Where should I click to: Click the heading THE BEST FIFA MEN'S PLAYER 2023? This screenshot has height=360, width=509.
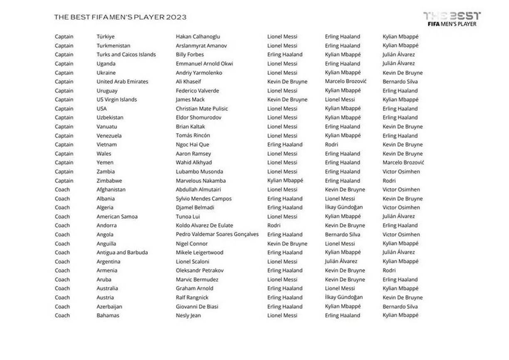[x=120, y=17]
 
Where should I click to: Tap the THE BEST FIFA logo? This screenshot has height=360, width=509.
[x=452, y=19]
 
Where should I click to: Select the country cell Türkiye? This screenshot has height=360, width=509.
[x=106, y=37]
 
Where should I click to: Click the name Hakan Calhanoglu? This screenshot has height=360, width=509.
[x=198, y=37]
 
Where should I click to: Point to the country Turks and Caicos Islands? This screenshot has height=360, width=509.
[x=126, y=55]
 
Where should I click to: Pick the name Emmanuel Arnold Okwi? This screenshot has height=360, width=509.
[x=204, y=64]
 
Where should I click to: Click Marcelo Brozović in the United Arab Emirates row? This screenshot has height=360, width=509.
[x=346, y=82]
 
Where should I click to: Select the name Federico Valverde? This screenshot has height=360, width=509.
[x=197, y=91]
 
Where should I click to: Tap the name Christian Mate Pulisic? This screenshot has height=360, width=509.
[x=202, y=109]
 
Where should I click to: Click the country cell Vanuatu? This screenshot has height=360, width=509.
[x=107, y=127]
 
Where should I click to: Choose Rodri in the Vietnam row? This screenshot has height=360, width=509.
[x=331, y=144]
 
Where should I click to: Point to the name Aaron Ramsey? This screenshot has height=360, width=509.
[x=193, y=154]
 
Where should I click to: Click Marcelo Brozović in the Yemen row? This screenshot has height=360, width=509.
[x=403, y=162]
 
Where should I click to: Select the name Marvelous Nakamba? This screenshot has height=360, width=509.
[x=201, y=181]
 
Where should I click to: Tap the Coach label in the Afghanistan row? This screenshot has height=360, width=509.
[x=62, y=189]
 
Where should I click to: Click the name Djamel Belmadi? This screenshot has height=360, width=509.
[x=195, y=207]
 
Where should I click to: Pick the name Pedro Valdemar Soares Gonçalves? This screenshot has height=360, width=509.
[x=217, y=234]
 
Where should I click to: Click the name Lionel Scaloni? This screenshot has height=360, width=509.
[x=193, y=261]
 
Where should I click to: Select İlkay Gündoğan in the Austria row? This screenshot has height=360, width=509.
[x=344, y=297]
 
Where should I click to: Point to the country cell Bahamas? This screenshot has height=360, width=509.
[x=108, y=315]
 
